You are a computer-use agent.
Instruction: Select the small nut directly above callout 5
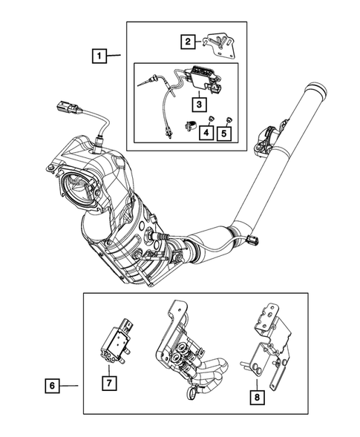pyautogui.click(x=228, y=119)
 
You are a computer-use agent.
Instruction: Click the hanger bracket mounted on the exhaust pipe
pyautogui.click(x=265, y=143)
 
